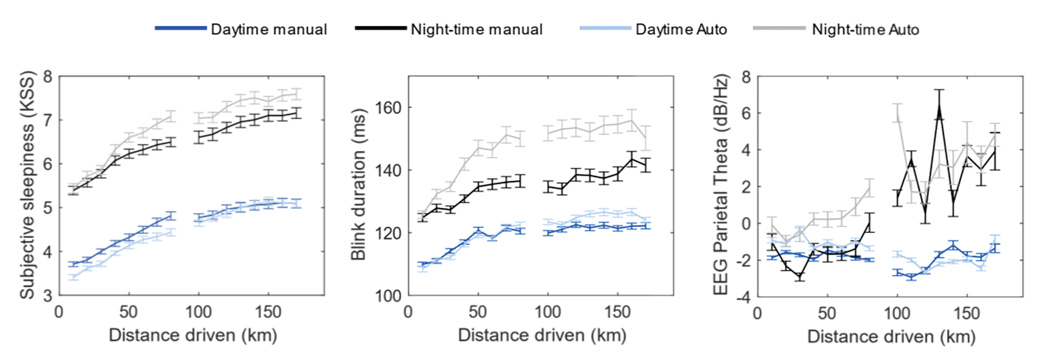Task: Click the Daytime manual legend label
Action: tap(269, 29)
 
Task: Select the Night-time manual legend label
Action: tap(476, 29)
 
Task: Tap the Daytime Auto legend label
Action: tap(681, 29)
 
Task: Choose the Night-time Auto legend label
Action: tap(865, 29)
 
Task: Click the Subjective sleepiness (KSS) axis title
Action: tap(27, 185)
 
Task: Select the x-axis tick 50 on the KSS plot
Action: tap(129, 312)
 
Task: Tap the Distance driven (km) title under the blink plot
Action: tap(542, 335)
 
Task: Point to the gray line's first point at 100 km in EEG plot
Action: tap(897, 117)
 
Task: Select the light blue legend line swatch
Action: tap(605, 28)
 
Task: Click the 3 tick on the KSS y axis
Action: tap(49, 296)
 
